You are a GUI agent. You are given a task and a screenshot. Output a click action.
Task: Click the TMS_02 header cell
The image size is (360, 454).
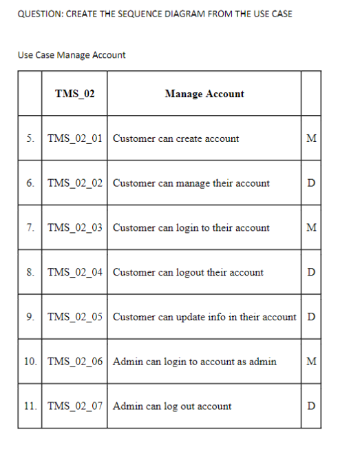click(74, 94)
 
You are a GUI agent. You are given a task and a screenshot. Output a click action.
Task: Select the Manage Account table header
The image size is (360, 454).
click(204, 94)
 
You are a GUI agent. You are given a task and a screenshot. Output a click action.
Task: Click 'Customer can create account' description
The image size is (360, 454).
click(176, 138)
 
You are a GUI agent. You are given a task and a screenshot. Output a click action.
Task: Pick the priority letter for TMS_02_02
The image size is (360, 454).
click(311, 183)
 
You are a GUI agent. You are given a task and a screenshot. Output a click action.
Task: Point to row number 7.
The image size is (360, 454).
click(30, 227)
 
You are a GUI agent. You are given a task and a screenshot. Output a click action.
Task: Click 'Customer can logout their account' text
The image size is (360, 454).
click(188, 272)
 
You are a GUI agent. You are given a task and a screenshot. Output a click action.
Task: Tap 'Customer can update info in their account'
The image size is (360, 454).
click(204, 317)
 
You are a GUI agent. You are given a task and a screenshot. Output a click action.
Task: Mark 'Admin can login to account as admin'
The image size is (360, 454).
click(195, 361)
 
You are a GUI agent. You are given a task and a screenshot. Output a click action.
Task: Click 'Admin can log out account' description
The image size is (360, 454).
click(172, 406)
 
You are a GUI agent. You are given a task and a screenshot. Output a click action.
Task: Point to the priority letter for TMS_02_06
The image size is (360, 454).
click(311, 361)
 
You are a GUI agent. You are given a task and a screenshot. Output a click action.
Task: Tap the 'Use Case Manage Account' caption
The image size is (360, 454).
click(72, 54)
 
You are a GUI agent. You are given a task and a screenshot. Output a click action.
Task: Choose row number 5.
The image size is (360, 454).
click(30, 138)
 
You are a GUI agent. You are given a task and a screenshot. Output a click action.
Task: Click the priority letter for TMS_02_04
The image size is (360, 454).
click(311, 272)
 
